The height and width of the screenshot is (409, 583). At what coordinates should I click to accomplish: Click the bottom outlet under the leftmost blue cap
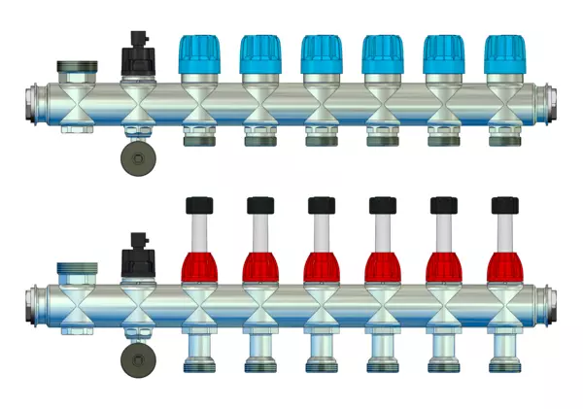pos(198,134)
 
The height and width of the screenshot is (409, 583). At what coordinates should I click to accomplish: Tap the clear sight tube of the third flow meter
pos(321,231)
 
